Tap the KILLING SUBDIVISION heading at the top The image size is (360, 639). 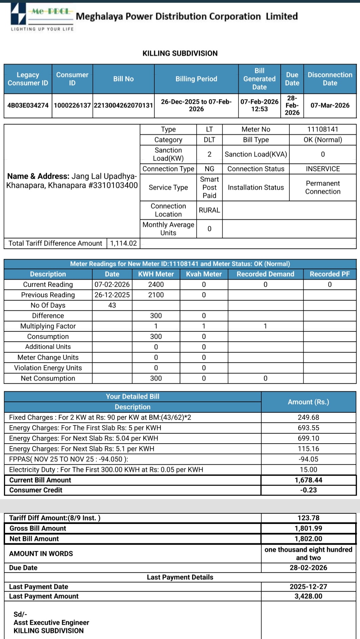(180, 53)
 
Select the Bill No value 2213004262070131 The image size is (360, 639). (123, 105)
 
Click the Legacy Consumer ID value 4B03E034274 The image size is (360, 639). (28, 105)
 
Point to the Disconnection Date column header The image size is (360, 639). (330, 79)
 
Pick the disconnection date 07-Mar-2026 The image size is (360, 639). (330, 105)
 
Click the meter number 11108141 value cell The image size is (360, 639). (323, 129)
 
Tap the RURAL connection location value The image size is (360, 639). (209, 210)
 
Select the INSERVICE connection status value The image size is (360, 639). (323, 169)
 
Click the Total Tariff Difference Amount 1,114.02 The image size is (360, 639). (123, 243)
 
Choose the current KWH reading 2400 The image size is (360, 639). (156, 284)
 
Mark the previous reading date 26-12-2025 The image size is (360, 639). (112, 295)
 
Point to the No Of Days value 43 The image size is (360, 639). (112, 305)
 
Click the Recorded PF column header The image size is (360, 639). (330, 274)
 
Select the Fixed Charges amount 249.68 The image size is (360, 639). (308, 417)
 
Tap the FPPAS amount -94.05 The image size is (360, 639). (308, 459)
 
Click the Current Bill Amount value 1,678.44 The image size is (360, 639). (308, 480)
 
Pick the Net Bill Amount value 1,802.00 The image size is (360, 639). (308, 539)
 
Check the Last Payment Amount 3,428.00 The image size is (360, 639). (308, 596)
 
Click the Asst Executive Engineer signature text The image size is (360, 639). (51, 622)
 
